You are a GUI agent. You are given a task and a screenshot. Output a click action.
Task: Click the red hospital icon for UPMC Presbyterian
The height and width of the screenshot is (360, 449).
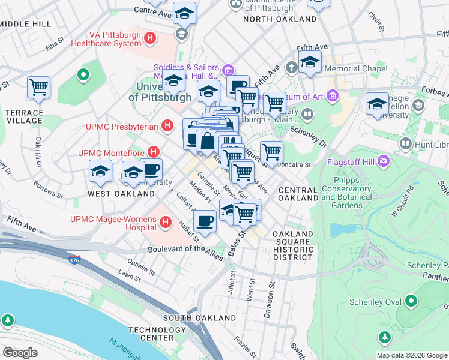pyautogui.click(x=169, y=126)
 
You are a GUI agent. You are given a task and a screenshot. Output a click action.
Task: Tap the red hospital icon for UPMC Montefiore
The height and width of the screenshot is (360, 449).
pyautogui.click(x=154, y=152)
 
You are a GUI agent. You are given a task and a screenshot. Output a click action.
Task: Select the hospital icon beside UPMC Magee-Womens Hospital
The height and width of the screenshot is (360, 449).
pyautogui.click(x=166, y=224)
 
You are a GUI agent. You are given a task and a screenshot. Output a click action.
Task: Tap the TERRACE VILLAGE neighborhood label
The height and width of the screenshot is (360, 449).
pyautogui.click(x=24, y=116)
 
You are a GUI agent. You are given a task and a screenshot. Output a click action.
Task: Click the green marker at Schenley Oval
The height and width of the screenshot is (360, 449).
pyautogui.click(x=411, y=301)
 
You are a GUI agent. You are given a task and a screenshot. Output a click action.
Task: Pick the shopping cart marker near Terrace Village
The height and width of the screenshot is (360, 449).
pyautogui.click(x=38, y=88)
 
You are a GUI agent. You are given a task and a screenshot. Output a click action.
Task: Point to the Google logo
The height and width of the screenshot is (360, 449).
pyautogui.click(x=20, y=353)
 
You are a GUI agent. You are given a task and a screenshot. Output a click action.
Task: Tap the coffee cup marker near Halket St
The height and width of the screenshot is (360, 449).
pyautogui.click(x=205, y=221)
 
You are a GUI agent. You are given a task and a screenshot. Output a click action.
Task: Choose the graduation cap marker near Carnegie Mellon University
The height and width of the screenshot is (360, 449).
pyautogui.click(x=378, y=103)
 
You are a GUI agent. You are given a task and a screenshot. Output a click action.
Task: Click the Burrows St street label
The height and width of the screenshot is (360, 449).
pyautogui.click(x=48, y=190)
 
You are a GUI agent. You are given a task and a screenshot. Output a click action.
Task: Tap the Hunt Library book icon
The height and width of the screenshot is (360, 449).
pyautogui.click(x=406, y=144)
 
